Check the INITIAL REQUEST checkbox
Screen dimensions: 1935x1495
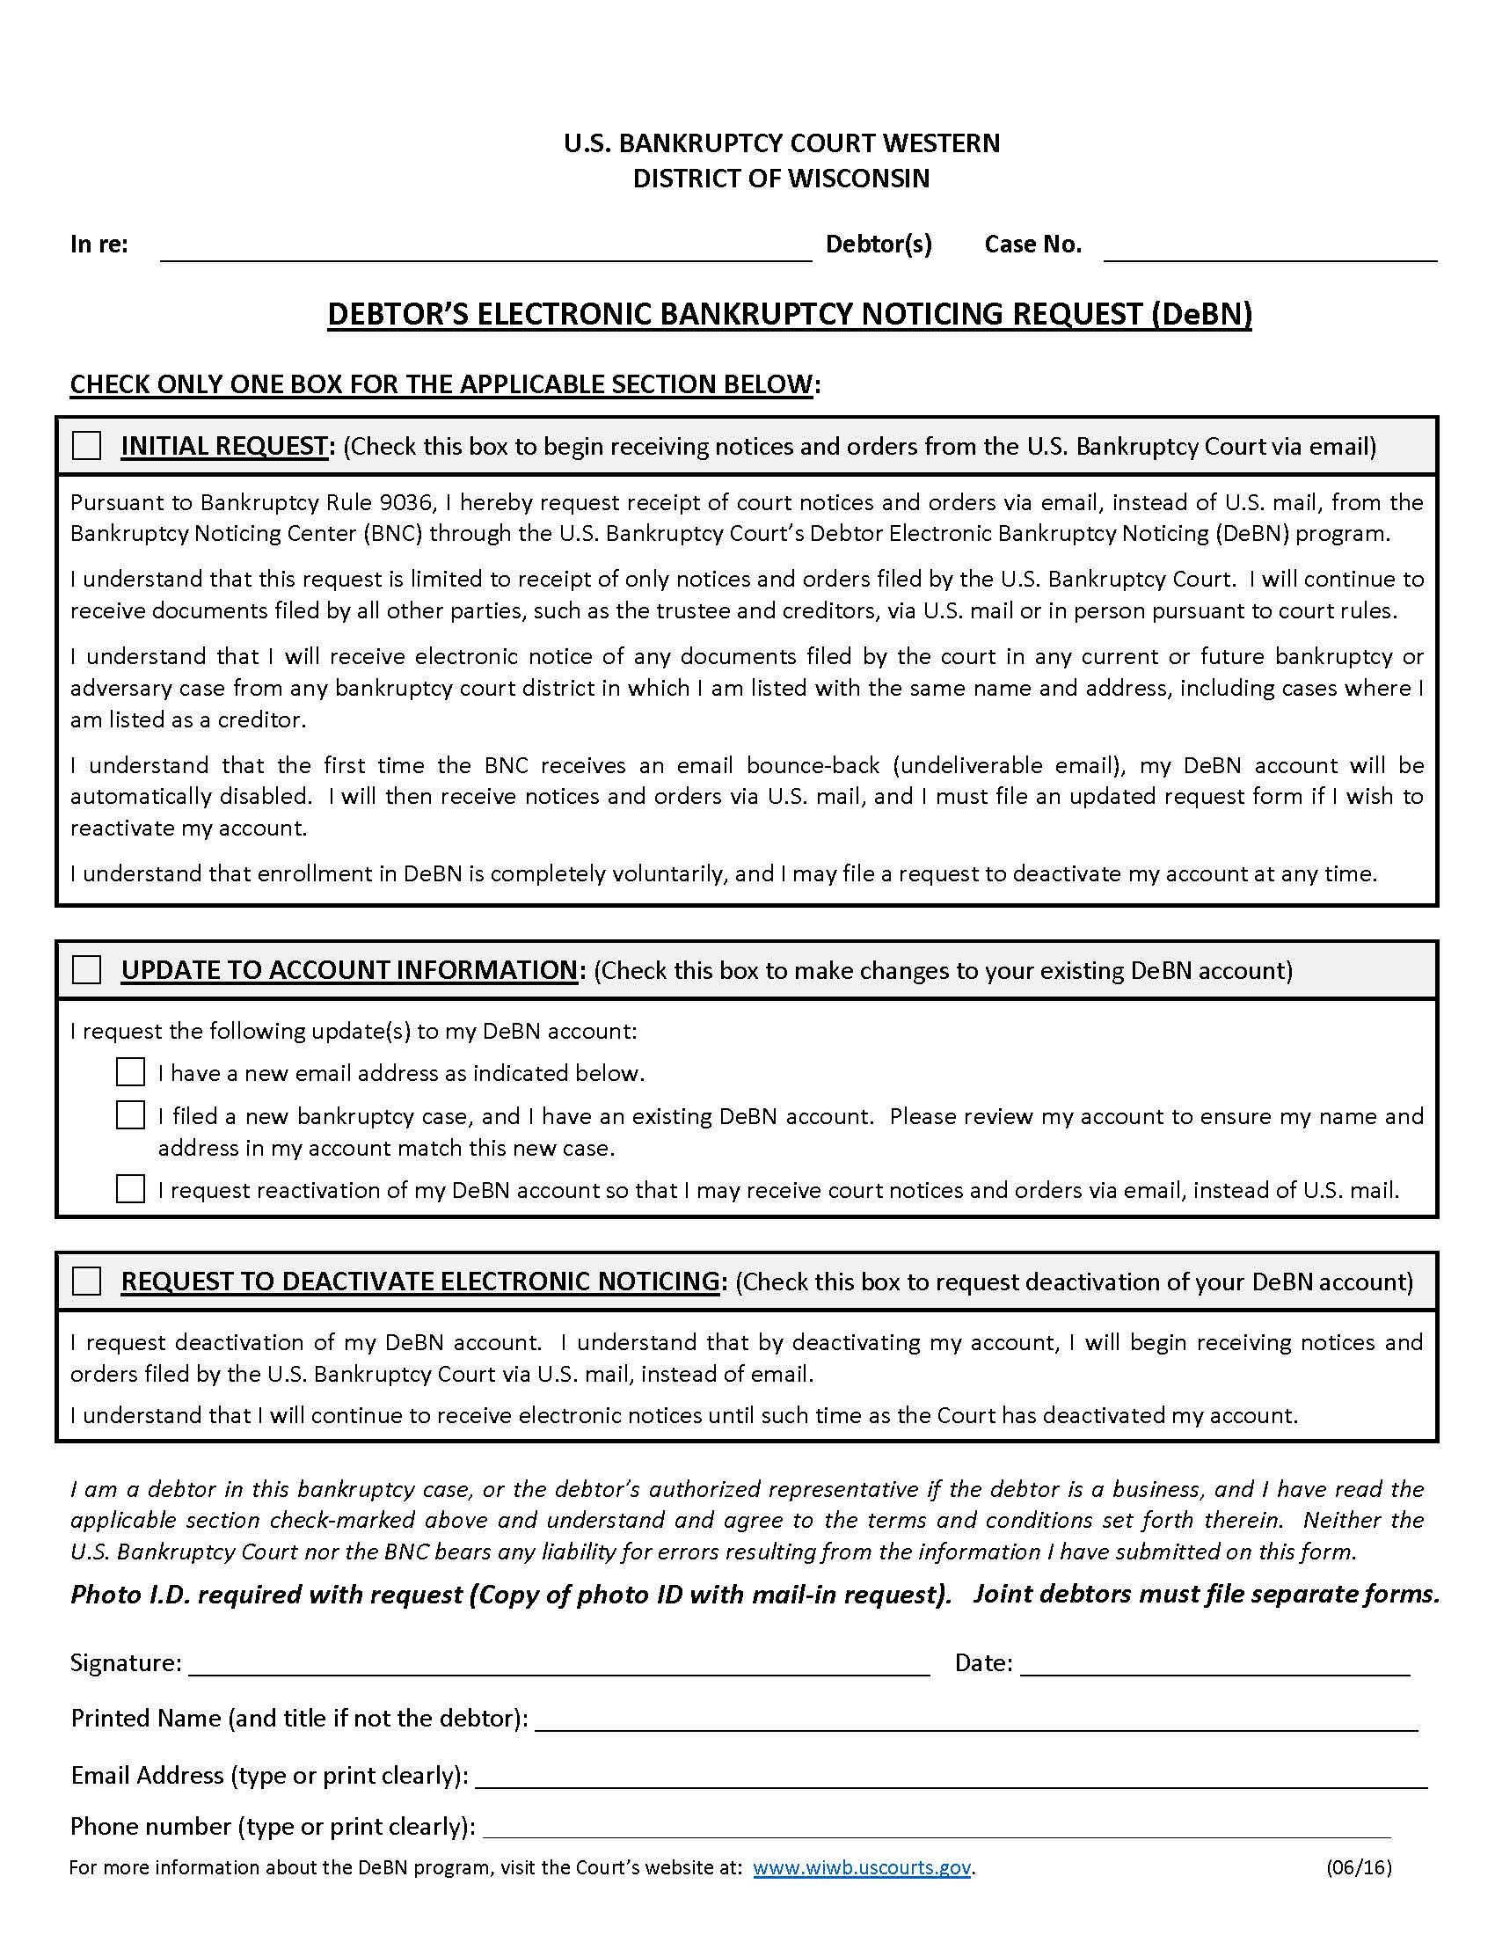click(86, 445)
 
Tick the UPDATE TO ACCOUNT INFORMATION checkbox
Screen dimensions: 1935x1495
click(86, 969)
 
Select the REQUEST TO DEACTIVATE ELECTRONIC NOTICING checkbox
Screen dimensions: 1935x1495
click(86, 1281)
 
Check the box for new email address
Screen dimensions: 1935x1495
click(130, 1072)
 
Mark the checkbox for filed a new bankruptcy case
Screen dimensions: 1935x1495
click(130, 1115)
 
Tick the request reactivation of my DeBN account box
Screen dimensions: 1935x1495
click(130, 1189)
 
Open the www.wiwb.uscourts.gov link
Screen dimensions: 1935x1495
click(862, 1867)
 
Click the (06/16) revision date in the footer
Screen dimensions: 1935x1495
click(1359, 1867)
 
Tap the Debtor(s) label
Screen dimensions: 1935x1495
click(879, 244)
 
